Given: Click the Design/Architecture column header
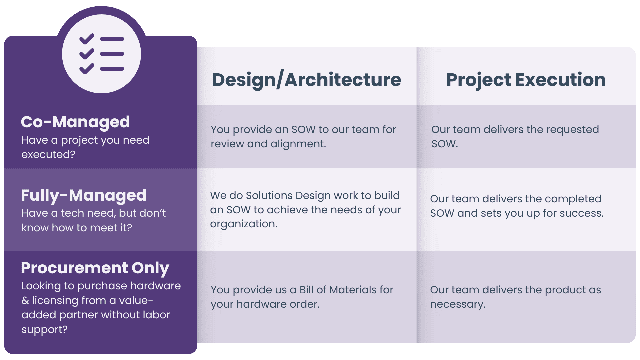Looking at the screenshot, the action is [x=306, y=80].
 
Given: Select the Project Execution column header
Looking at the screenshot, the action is [x=526, y=80].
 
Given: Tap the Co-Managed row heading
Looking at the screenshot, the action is [x=75, y=122].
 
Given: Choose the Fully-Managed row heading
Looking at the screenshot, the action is [x=84, y=196].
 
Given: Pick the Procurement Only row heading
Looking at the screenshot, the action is [x=95, y=268].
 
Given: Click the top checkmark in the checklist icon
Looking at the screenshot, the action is [x=87, y=39].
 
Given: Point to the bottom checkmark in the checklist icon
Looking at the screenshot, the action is [x=87, y=69].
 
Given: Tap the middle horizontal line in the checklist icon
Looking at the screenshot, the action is [x=112, y=54].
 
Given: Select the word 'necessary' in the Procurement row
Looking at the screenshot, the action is [x=457, y=304].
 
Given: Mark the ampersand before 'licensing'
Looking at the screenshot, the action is [x=25, y=301].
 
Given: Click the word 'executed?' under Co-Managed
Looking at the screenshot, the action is [x=48, y=155].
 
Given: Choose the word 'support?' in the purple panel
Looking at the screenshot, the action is [x=45, y=330].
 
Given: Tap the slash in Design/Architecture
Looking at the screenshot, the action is [x=280, y=79].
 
